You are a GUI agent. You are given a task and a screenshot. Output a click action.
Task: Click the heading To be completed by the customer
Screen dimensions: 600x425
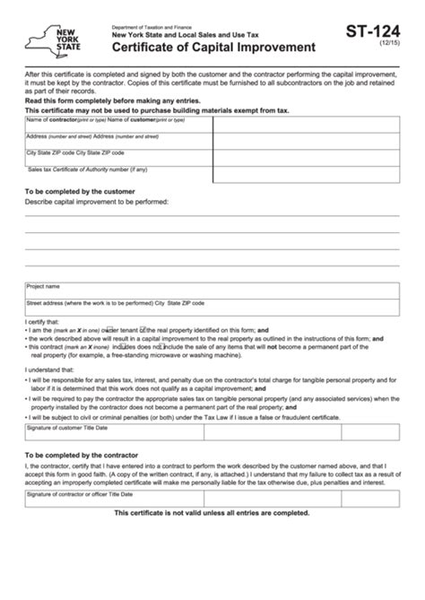(x=81, y=192)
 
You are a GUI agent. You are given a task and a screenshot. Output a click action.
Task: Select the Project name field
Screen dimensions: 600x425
(x=212, y=291)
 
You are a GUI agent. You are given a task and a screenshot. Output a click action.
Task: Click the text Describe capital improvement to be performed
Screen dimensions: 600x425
(x=98, y=203)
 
